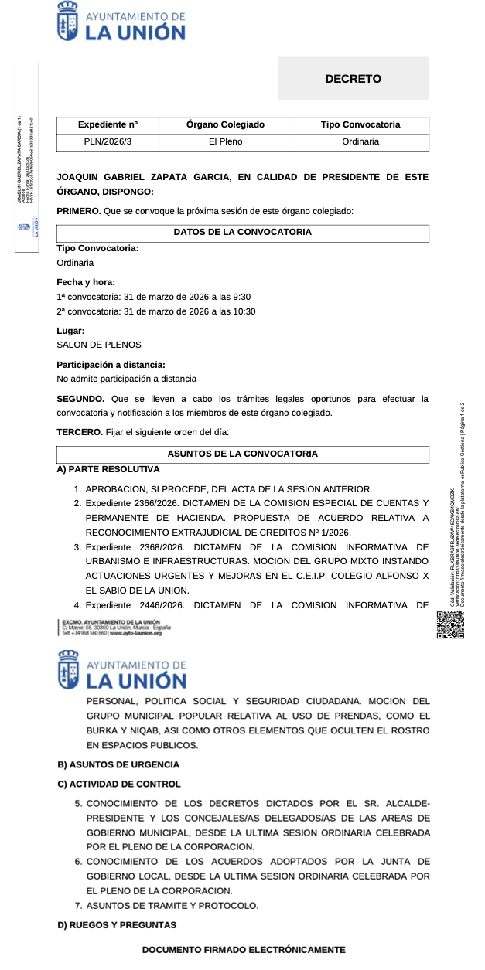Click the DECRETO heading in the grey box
click(x=353, y=79)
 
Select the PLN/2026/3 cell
click(x=108, y=142)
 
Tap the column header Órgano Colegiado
click(x=225, y=124)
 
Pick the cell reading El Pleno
click(x=225, y=142)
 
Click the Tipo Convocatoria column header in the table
click(x=360, y=124)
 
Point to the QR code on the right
click(x=450, y=625)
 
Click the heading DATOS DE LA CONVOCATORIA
click(x=242, y=233)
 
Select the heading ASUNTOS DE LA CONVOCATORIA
click(x=242, y=454)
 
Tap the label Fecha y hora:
click(x=86, y=282)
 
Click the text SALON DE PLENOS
click(x=99, y=345)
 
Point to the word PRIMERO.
click(x=79, y=211)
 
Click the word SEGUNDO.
click(x=80, y=399)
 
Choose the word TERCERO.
click(x=80, y=432)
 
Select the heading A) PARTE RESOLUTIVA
click(x=108, y=469)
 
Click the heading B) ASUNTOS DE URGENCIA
click(x=118, y=764)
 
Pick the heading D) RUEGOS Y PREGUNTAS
click(x=117, y=925)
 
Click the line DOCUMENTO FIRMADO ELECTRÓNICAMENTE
click(x=244, y=950)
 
